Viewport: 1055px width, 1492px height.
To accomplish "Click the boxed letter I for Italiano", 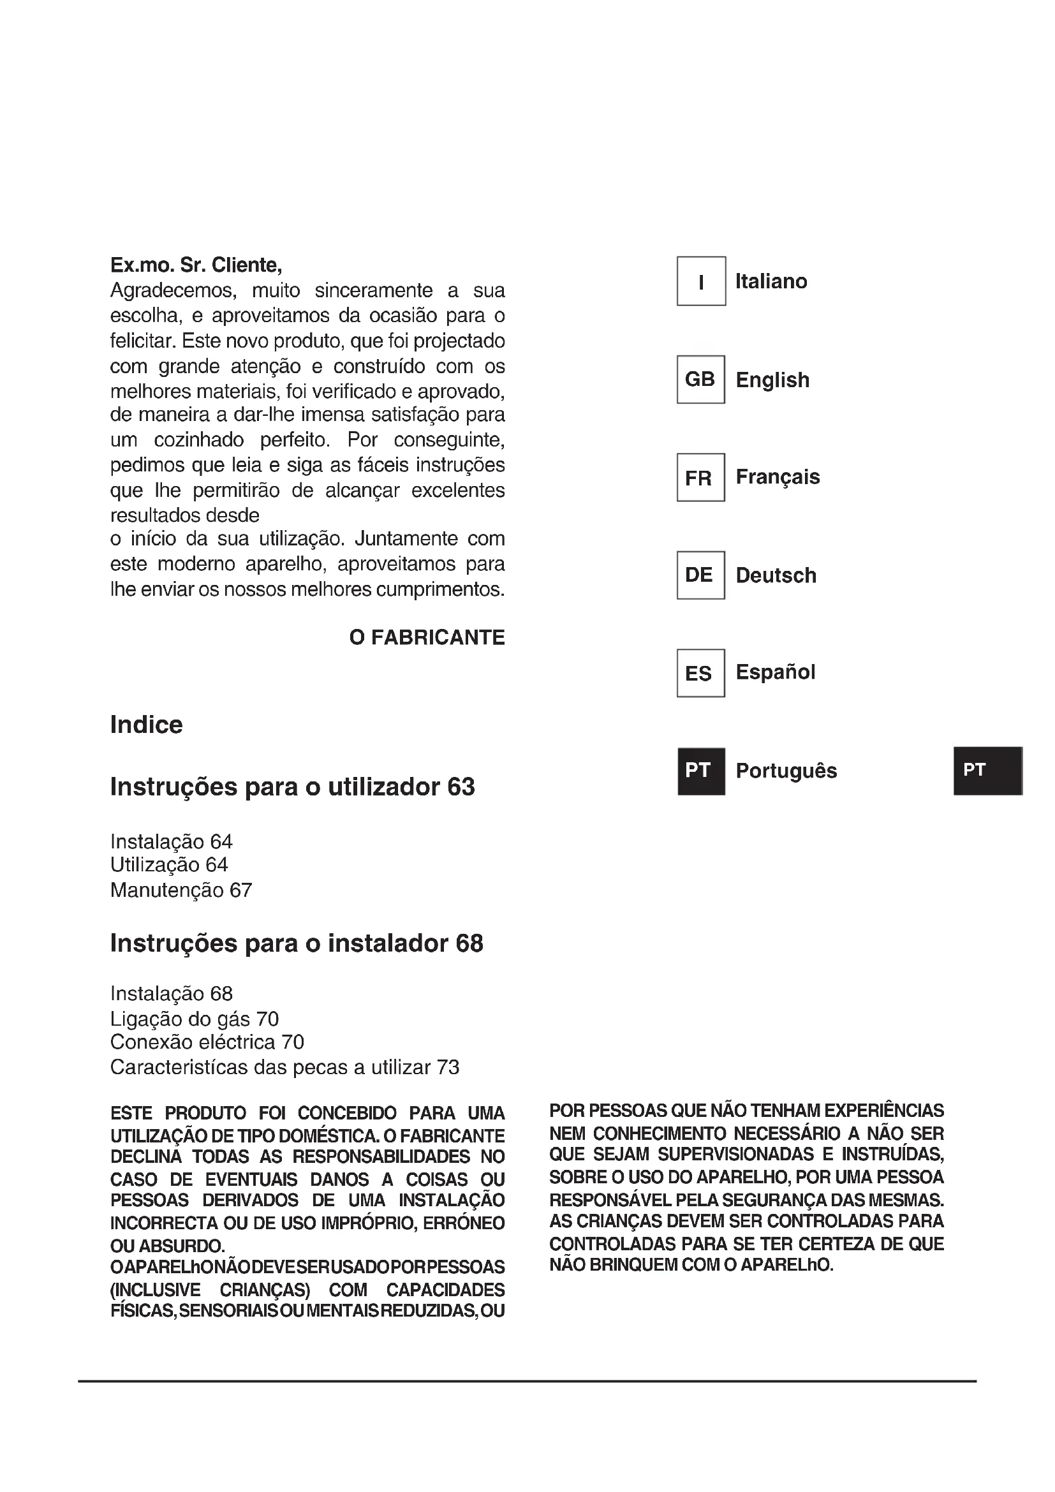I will click(701, 281).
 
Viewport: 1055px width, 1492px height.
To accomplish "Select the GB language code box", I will click(700, 380).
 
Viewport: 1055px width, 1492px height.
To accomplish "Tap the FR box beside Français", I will click(700, 478).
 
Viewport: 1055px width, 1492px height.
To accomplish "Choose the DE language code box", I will click(700, 575).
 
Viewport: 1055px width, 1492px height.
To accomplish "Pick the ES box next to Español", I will click(700, 673).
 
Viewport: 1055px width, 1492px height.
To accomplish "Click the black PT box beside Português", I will click(700, 771).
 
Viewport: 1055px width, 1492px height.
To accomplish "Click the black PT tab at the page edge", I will click(987, 771).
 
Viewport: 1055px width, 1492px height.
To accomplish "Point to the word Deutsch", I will click(776, 576).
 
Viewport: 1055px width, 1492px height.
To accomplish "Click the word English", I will click(772, 380).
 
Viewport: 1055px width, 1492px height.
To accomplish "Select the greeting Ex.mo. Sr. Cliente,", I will click(196, 265).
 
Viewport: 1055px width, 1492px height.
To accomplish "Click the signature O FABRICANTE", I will click(427, 637).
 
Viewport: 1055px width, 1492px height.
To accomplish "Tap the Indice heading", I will click(146, 725).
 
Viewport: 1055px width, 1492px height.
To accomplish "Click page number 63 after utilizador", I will click(461, 787).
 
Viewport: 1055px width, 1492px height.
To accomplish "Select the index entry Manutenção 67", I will click(181, 890).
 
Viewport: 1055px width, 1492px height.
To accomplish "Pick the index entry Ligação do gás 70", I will click(195, 1019).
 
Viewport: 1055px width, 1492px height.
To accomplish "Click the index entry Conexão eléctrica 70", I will click(207, 1042).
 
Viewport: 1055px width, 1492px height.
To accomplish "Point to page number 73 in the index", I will click(448, 1068).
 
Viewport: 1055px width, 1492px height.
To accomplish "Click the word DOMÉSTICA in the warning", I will click(328, 1137).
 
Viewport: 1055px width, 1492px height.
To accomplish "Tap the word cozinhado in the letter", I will click(199, 440).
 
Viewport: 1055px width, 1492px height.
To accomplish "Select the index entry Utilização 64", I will click(169, 865).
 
